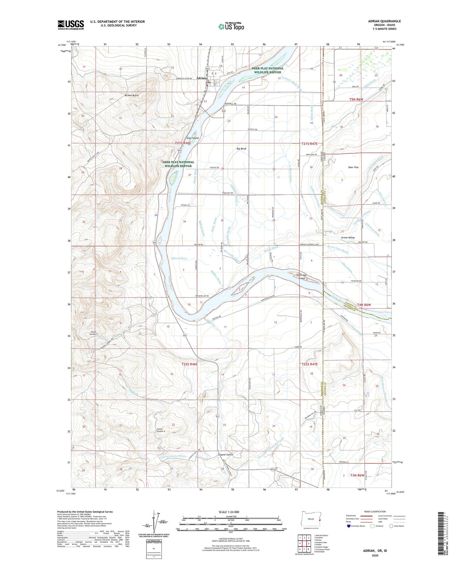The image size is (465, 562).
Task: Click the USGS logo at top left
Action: point(71,25)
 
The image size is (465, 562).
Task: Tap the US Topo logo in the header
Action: point(231,27)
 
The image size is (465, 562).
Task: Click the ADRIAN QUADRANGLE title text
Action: point(384,21)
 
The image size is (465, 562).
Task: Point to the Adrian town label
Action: point(201,78)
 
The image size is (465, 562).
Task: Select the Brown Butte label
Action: point(131,95)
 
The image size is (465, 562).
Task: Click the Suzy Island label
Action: point(192,138)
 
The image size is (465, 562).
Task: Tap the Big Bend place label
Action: point(241,149)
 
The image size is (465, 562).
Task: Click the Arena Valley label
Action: point(348,238)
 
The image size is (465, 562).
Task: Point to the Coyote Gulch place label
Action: point(225,455)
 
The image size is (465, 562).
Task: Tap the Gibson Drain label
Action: point(179,258)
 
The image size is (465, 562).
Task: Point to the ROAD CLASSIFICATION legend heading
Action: point(372,511)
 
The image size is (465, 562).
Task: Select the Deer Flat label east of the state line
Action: point(353,167)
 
